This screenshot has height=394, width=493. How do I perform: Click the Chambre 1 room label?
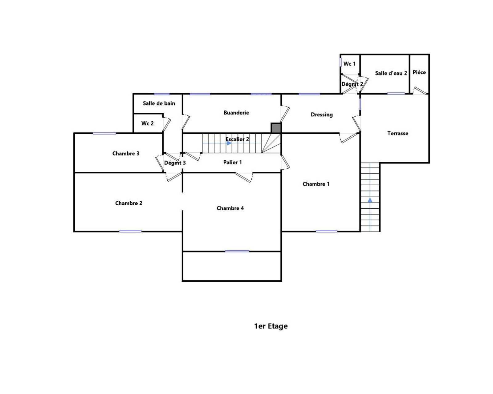click(316, 184)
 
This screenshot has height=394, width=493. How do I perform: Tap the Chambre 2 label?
click(128, 203)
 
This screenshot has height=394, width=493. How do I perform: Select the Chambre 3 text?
click(125, 153)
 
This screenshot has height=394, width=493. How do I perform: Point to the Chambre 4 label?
click(230, 208)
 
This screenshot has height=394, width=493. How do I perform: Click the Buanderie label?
click(236, 113)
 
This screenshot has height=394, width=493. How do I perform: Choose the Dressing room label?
click(322, 115)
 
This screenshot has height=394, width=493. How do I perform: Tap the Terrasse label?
click(398, 133)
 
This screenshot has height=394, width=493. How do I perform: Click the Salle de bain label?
click(159, 103)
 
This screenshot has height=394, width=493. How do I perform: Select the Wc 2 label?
click(147, 123)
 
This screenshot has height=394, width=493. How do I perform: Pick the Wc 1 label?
click(349, 64)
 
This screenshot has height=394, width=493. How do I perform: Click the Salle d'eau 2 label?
click(391, 73)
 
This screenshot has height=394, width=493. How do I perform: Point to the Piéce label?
click(419, 72)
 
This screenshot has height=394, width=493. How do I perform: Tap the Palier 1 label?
click(232, 162)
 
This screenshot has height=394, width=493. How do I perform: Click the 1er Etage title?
click(271, 326)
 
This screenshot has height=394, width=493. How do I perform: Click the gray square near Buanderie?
click(276, 128)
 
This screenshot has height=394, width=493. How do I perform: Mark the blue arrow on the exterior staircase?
click(370, 200)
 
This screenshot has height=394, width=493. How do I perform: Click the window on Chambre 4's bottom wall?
click(237, 251)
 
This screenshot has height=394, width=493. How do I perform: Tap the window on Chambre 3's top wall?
click(104, 133)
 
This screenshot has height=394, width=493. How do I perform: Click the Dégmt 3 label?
click(175, 163)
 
